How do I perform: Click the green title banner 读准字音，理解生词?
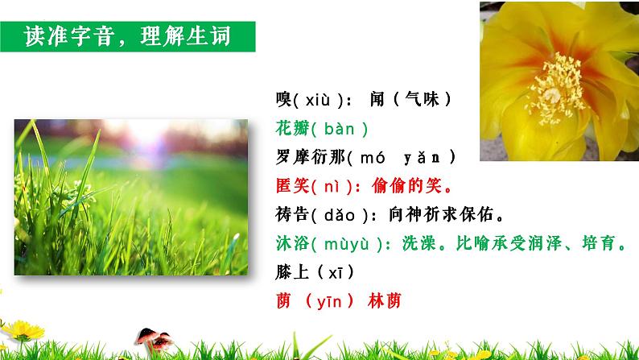pos(128,38)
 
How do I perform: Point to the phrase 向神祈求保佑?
pos(449,214)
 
